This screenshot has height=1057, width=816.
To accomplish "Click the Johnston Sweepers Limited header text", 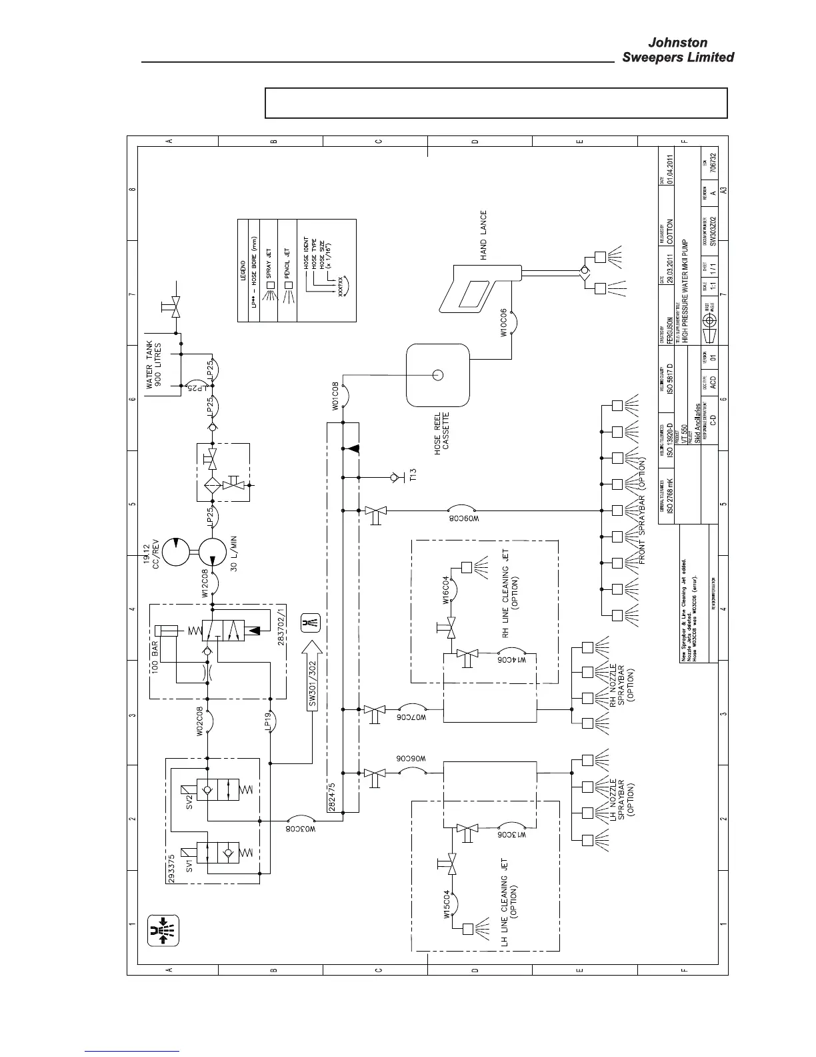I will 677,51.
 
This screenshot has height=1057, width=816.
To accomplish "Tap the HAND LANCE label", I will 483,236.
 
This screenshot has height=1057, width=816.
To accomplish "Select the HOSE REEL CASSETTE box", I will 437,374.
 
